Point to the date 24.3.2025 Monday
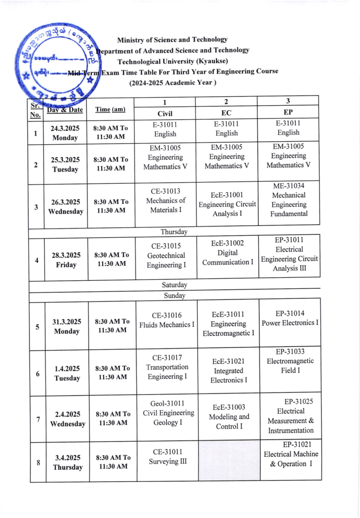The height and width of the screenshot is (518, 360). click(65, 134)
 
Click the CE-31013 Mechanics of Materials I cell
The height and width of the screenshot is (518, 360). click(165, 200)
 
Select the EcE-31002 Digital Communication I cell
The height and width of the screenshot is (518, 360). click(228, 252)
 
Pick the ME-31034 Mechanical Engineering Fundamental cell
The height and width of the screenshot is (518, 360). click(289, 200)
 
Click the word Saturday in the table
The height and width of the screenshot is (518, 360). click(174, 285)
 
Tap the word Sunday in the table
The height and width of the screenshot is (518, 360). click(174, 295)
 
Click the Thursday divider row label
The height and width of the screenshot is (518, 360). click(174, 232)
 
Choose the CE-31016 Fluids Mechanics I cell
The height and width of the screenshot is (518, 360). click(167, 320)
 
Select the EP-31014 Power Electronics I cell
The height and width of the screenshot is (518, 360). click(290, 318)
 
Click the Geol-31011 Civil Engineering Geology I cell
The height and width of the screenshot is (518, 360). click(168, 413)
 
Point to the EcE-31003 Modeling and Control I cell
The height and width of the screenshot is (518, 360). click(229, 416)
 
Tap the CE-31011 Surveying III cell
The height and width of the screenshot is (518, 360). click(167, 456)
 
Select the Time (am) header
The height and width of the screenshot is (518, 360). click(110, 109)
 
